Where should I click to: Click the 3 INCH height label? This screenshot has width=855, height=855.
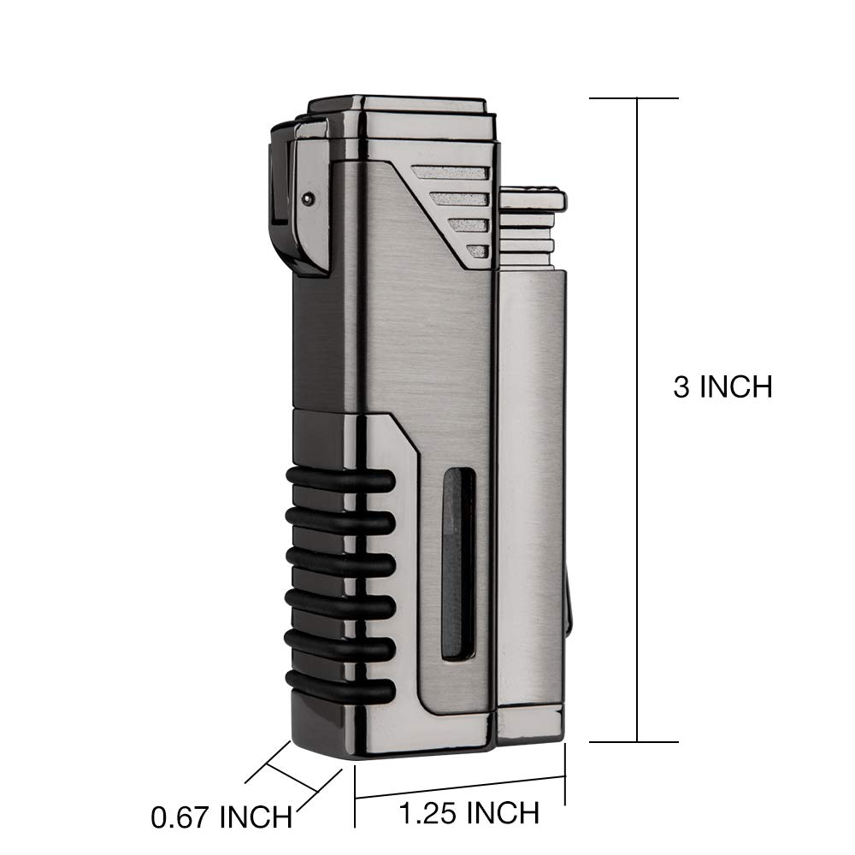722,386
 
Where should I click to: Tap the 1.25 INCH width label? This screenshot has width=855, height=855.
469,813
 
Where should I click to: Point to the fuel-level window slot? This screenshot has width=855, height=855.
452,573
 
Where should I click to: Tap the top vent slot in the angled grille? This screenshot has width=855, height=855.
451,172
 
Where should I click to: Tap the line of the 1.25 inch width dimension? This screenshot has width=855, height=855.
460,787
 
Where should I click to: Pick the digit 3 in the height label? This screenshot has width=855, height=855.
682,386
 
